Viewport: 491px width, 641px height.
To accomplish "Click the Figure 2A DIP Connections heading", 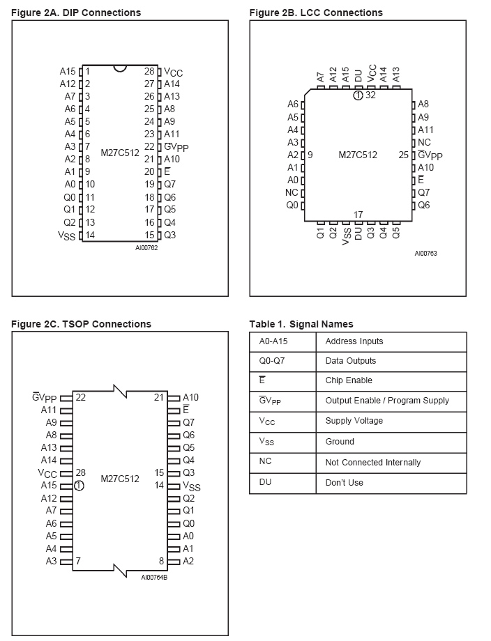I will [x=76, y=13].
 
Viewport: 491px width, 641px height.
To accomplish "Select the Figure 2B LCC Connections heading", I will [x=316, y=13].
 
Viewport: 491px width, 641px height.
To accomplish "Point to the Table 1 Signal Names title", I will [x=301, y=324].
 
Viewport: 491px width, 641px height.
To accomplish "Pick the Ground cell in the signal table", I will [x=340, y=442].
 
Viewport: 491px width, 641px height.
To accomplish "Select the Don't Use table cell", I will [x=344, y=482].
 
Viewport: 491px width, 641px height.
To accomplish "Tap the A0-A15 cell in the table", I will [x=272, y=341].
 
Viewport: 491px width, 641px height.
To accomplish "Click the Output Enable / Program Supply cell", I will [x=387, y=401].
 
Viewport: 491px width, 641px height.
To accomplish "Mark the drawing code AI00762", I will [x=146, y=247].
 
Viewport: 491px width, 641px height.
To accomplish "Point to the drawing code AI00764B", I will [x=154, y=577].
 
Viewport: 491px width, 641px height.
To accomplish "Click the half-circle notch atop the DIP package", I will [x=120, y=68].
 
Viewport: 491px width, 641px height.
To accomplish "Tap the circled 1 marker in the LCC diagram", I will [x=358, y=95].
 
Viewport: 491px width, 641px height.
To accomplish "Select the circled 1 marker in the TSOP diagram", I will [x=79, y=486].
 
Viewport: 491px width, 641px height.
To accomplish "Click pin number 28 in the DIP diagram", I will [x=149, y=71].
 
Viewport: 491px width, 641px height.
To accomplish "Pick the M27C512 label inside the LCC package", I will [x=357, y=155].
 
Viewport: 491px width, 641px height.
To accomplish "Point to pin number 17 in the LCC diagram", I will [x=358, y=214].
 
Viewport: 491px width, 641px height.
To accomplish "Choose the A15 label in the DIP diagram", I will [x=68, y=71].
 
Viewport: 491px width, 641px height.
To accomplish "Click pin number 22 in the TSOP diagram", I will [x=81, y=397].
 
